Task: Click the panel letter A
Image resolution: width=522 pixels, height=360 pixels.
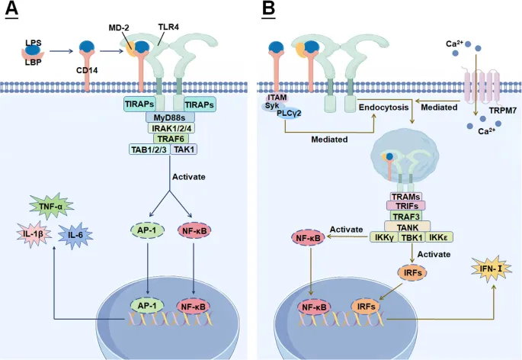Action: coord(11,11)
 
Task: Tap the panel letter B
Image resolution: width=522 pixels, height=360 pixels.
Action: coord(268,11)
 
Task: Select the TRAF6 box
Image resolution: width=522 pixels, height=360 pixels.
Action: coord(170,139)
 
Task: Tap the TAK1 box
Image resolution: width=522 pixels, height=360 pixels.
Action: coord(184,149)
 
